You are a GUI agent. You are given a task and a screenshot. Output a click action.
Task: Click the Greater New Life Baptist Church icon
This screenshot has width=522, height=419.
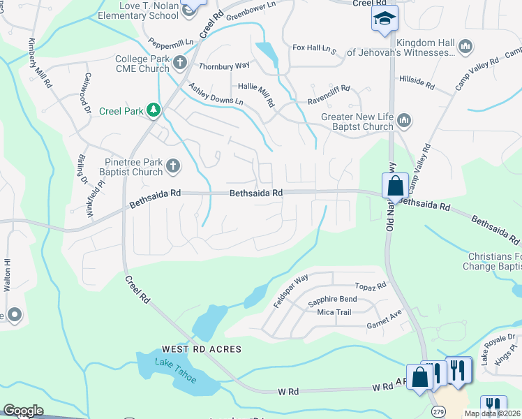tap(403, 122)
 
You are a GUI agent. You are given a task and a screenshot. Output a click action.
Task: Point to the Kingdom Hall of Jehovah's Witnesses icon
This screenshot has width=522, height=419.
tap(465, 47)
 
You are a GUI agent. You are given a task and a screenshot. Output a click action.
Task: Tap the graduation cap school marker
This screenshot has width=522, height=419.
tap(383, 20)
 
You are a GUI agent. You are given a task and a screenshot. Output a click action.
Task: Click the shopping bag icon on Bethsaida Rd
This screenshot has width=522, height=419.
tap(394, 186)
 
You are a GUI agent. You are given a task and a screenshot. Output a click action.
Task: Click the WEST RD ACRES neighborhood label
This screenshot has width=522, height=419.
tap(202, 348)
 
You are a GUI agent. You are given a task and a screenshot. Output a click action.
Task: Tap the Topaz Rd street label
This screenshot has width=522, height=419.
tap(370, 286)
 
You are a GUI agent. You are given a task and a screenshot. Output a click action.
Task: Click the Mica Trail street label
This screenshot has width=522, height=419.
tap(334, 312)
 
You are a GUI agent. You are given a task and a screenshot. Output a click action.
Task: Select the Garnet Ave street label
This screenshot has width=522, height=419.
tap(385, 325)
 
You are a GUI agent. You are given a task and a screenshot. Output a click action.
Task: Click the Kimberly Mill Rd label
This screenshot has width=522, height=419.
tap(39, 62)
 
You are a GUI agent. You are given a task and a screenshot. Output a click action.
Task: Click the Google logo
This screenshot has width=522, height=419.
tap(23, 411)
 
